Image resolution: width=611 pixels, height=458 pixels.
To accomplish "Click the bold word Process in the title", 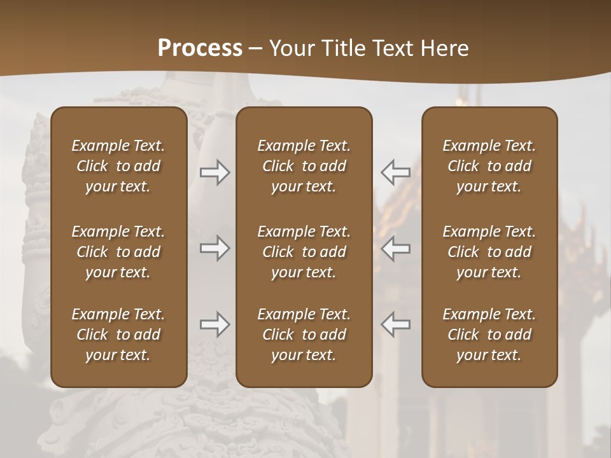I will coord(200,48).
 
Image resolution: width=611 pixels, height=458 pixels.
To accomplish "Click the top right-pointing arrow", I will coord(215,172).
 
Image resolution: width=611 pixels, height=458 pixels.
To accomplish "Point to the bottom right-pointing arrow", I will coord(215,324).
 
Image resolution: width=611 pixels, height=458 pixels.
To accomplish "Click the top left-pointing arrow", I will coord(395,172).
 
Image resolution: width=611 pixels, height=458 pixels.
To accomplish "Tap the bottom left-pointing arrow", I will coord(395,324).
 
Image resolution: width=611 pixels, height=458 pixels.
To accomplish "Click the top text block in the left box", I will coord(118,166).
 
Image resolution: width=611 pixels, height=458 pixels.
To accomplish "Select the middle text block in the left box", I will coord(118,252).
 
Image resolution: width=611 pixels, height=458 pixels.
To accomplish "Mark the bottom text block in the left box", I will coord(118,335).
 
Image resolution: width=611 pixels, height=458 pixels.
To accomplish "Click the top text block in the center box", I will coord(304,166).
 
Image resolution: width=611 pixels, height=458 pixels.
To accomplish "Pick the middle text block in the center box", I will coord(304,252).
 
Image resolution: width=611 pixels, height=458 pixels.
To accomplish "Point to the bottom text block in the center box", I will coord(304,335).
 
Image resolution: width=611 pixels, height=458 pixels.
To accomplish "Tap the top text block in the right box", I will coord(489,166).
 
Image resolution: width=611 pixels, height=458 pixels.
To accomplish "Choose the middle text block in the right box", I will coord(489,252).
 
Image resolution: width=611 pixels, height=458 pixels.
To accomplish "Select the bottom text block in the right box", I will coord(489,335).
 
